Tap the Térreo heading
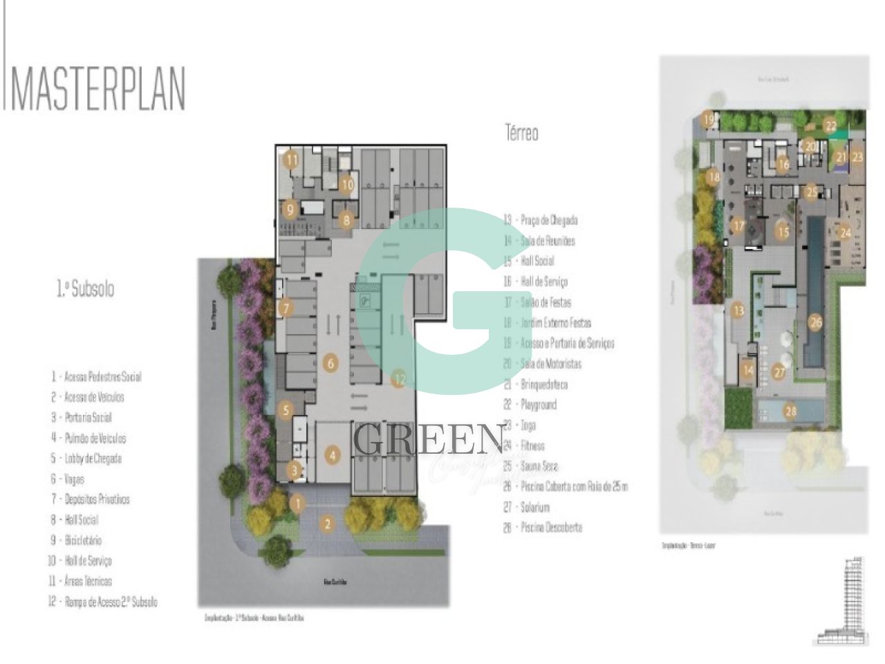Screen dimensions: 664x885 [521, 133]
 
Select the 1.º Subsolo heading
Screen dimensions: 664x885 [84, 289]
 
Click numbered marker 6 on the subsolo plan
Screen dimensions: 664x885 [330, 363]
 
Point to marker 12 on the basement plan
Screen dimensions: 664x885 [398, 378]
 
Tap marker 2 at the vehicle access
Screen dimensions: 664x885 [328, 524]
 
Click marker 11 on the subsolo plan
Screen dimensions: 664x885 [292, 160]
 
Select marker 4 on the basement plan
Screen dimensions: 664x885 [333, 456]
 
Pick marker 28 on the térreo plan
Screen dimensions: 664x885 [790, 412]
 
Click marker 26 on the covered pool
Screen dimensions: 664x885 [816, 322]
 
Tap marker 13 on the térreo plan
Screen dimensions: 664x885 [738, 311]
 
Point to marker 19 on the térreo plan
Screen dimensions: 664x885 [709, 120]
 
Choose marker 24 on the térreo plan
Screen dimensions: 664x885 [845, 233]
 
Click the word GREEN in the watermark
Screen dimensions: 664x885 [429, 439]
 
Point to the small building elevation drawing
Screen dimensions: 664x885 [838, 601]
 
